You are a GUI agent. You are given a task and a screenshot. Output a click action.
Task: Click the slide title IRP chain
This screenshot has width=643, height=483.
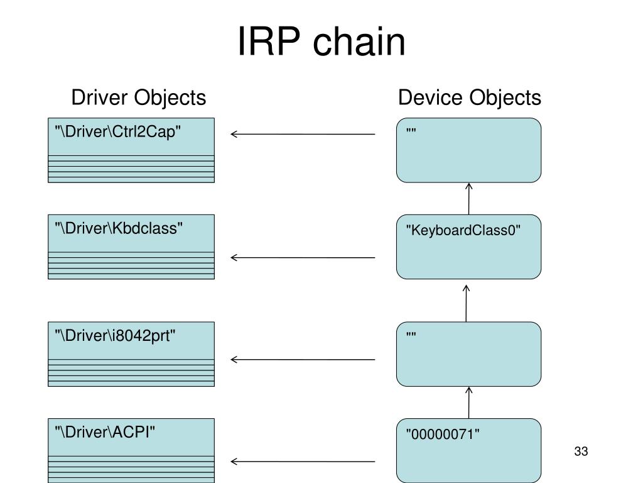[321, 41]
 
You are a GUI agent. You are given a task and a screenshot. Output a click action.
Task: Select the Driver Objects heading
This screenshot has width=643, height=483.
[139, 97]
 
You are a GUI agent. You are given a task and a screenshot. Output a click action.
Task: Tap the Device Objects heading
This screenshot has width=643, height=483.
[470, 97]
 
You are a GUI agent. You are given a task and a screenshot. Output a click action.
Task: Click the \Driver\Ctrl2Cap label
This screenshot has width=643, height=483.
[117, 132]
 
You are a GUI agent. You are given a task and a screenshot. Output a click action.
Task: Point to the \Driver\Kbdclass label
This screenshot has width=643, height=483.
[119, 228]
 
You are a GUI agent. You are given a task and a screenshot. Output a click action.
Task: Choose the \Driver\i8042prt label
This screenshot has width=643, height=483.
[115, 336]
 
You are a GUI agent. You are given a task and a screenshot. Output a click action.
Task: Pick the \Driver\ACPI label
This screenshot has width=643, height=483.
[105, 432]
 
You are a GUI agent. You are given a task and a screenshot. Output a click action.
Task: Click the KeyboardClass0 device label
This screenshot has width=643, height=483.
[463, 230]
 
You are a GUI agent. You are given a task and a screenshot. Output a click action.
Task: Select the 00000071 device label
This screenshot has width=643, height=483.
[443, 434]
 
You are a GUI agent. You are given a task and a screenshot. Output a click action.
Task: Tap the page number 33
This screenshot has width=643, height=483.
[581, 452]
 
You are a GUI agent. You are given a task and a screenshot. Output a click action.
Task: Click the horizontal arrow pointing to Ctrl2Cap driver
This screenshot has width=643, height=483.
[303, 134]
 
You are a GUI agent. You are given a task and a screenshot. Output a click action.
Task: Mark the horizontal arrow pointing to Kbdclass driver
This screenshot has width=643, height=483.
[303, 257]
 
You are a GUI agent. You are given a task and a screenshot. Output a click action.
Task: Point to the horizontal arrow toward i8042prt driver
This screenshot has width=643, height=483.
[303, 360]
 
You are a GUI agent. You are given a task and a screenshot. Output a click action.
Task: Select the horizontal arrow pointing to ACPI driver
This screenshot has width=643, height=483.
[303, 462]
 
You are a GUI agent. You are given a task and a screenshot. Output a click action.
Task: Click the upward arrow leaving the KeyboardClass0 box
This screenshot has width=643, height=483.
[468, 199]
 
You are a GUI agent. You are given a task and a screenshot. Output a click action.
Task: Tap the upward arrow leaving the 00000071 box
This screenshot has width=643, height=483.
[468, 402]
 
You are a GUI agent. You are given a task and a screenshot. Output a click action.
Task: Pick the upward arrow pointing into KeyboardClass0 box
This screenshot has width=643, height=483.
[466, 304]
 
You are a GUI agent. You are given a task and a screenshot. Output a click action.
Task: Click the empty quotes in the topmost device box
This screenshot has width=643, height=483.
[411, 131]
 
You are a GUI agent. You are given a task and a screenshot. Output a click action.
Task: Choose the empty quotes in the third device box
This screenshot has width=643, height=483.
[411, 335]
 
